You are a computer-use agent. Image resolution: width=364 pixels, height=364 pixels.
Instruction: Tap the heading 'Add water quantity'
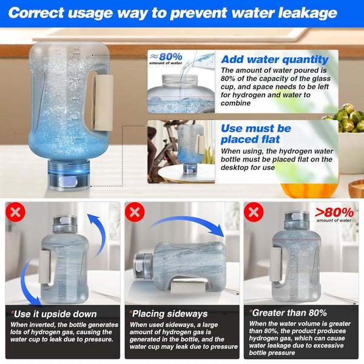(274, 59)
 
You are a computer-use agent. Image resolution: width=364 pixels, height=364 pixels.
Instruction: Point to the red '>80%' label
(334, 212)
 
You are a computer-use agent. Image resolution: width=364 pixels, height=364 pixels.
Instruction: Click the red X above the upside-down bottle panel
(14, 212)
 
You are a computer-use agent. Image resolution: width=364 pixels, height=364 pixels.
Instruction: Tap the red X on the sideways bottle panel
(133, 212)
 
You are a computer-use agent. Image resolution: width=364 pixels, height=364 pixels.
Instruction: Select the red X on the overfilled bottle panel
(252, 212)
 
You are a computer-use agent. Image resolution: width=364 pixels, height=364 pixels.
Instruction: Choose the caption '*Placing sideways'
(169, 314)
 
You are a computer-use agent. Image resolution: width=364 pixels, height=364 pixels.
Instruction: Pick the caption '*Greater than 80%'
(288, 313)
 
